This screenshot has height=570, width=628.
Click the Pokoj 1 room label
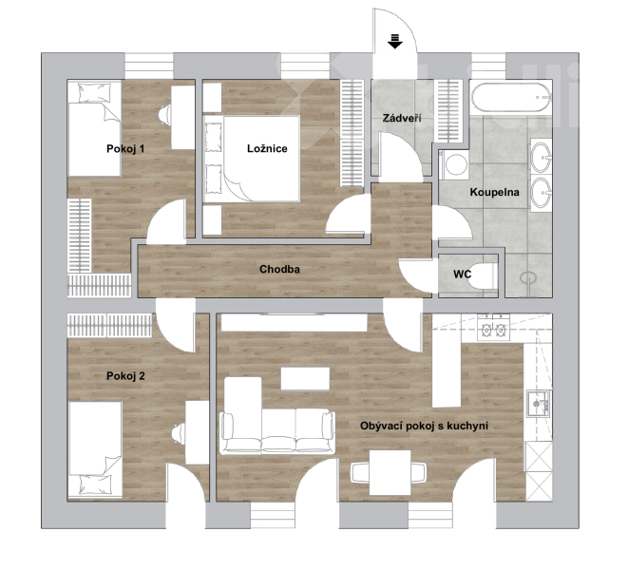125,149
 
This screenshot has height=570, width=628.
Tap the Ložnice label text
267,148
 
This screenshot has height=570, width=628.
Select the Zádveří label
401,118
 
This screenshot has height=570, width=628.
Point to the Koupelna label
494,192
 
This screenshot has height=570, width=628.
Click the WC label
462,275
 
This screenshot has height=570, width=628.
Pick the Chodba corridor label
279,269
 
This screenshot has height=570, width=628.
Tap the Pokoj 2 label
125,376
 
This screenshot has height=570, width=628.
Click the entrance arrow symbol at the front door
395,41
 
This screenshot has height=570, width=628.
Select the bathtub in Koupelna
511,97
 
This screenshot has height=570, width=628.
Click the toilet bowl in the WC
482,276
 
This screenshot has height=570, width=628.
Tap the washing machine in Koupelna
454,164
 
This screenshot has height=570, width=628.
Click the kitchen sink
539,404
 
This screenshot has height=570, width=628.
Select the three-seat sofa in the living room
277,431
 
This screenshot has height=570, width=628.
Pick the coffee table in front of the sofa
305,379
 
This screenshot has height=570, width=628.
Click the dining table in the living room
390,473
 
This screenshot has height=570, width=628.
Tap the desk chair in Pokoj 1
164,115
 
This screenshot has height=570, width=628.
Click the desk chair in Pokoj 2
179,434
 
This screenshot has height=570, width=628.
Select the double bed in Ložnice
252,159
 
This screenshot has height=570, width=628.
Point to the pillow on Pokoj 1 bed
94,92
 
